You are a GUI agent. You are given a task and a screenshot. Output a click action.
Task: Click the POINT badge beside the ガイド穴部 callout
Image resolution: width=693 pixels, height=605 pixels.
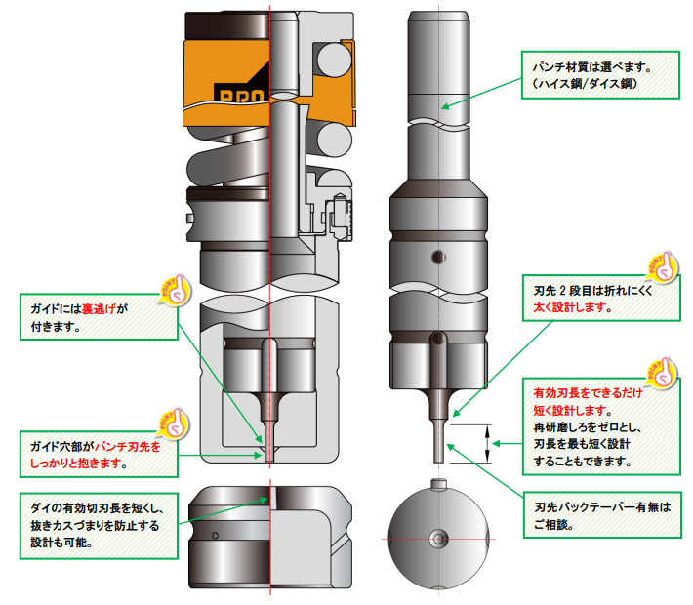(172, 421)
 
